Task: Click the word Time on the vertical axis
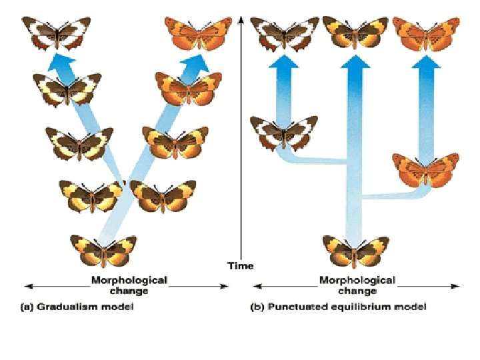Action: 241,265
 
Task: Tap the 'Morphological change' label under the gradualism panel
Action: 129,285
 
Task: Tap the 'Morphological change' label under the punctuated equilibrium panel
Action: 357,285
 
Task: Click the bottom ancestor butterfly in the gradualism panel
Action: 103,249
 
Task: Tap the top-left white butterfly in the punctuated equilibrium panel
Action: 285,32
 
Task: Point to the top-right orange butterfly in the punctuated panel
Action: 425,32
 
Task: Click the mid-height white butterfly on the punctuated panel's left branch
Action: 283,131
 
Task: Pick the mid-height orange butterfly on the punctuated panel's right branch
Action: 424,169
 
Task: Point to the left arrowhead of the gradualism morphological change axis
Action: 28,286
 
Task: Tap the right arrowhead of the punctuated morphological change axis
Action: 457,286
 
